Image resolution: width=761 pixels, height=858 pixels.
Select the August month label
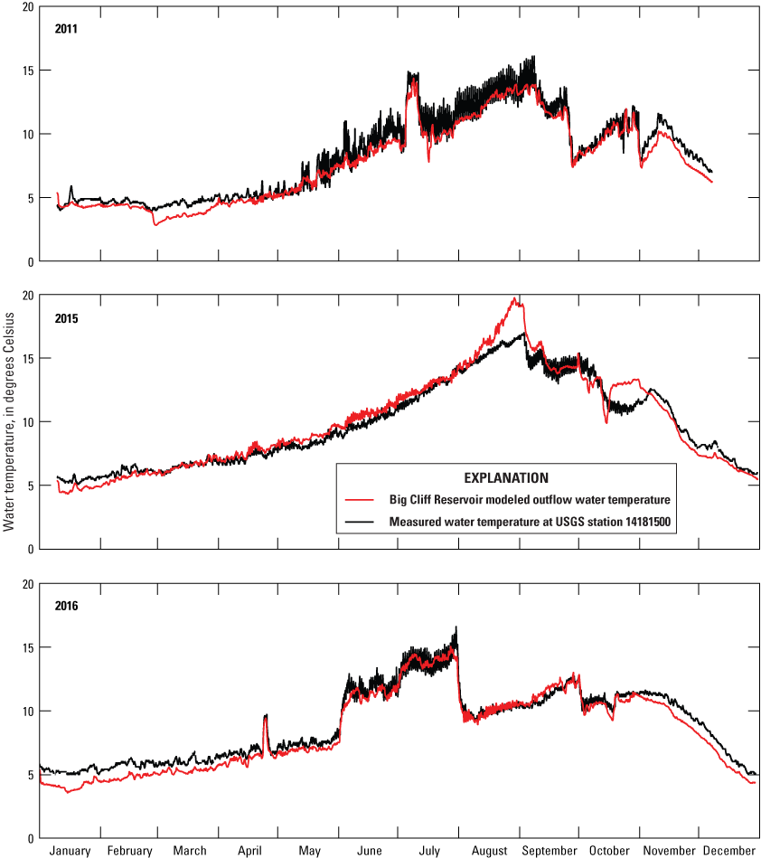489,850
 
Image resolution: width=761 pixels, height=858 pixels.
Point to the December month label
728,850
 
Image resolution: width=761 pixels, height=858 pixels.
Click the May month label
309,850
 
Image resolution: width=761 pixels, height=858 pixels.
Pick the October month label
609,850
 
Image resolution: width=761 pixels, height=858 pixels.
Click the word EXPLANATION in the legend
505,476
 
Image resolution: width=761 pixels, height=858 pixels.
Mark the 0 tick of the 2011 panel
33,262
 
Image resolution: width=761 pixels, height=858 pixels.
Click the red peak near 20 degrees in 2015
514,299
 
